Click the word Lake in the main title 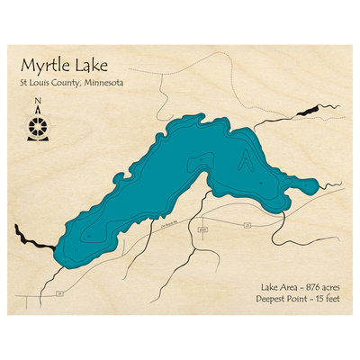point(94,66)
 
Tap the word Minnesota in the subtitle point(102,84)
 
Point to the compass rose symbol point(37,123)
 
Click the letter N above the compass point(37,102)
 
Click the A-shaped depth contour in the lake point(245,160)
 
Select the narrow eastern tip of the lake point(310,186)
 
